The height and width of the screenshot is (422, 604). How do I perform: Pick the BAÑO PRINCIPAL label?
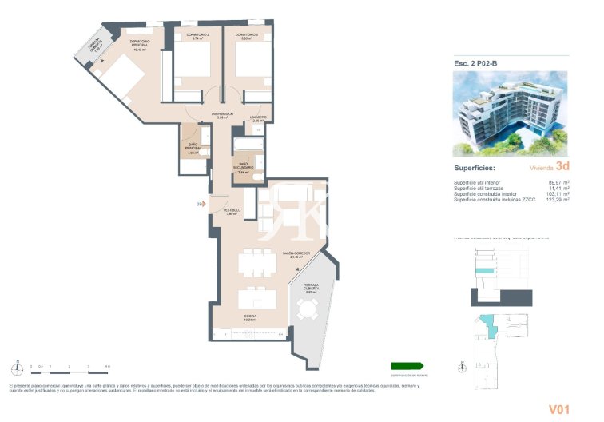tap(193, 149)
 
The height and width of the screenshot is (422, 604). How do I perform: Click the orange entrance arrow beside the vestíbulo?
tap(201, 205)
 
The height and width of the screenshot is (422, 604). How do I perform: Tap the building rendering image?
tap(510, 112)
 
